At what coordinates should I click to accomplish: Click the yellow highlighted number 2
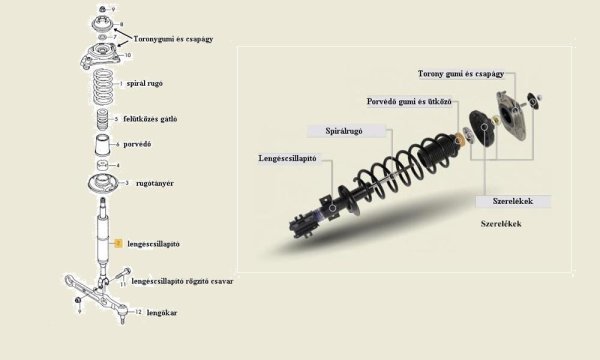click(x=118, y=243)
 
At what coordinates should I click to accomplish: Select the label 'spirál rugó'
click(x=145, y=83)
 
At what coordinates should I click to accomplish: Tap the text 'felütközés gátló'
click(x=150, y=119)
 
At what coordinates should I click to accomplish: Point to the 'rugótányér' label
click(x=155, y=183)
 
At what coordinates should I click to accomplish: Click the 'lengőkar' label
click(x=162, y=313)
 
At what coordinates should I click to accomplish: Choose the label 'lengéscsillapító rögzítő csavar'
click(x=182, y=281)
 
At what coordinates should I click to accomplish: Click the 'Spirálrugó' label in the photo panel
click(x=344, y=131)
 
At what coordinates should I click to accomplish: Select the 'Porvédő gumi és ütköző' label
click(x=409, y=102)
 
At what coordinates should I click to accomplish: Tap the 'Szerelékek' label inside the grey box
click(x=513, y=201)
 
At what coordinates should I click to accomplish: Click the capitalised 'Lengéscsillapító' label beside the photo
click(x=287, y=158)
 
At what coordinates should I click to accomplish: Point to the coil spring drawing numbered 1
click(x=103, y=86)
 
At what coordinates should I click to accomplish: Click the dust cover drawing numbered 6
click(x=102, y=145)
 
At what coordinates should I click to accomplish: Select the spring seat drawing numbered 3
click(x=102, y=184)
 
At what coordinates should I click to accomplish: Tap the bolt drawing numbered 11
click(x=122, y=275)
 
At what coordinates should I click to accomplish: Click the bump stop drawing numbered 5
click(x=102, y=119)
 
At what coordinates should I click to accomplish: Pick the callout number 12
click(x=138, y=312)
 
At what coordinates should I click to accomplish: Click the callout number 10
click(x=128, y=55)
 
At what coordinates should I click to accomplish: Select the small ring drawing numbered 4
click(x=102, y=165)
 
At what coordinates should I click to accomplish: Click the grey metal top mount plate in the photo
click(x=511, y=115)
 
